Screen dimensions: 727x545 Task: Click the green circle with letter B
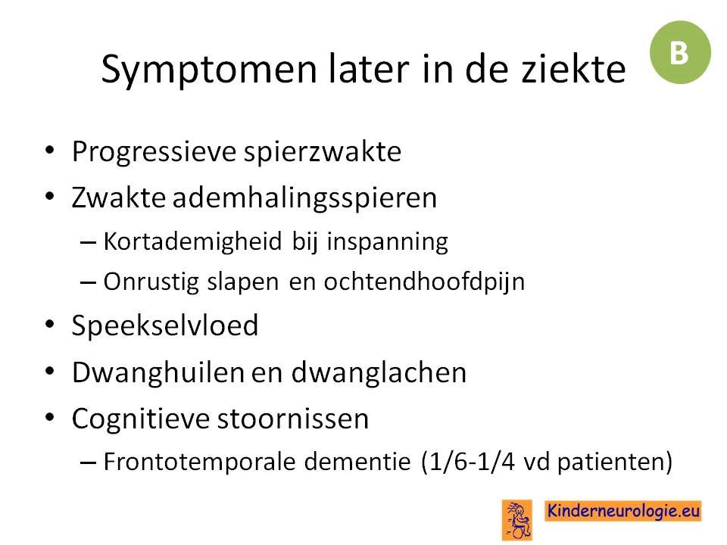point(680,52)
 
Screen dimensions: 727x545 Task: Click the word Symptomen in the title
point(209,70)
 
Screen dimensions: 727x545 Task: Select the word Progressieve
point(154,152)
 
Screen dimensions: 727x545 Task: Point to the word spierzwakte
point(323,152)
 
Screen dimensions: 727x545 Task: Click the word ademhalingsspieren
point(304,199)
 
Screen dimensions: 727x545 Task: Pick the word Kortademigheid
point(193,242)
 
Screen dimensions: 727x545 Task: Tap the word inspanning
point(387,242)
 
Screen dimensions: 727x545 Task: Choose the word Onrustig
point(151,282)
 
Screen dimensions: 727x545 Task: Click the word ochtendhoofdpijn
point(424,282)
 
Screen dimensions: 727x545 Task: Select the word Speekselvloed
point(165,325)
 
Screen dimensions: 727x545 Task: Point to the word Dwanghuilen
point(158,373)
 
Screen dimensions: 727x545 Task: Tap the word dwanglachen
point(379,373)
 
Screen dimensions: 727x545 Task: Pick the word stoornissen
point(293,419)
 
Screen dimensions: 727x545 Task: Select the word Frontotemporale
point(199,462)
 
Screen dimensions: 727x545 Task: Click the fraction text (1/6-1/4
point(468,462)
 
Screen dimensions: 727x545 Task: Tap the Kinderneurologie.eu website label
point(622,511)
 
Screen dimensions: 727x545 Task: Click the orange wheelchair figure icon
point(517,520)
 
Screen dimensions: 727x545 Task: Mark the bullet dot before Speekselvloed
point(50,324)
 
